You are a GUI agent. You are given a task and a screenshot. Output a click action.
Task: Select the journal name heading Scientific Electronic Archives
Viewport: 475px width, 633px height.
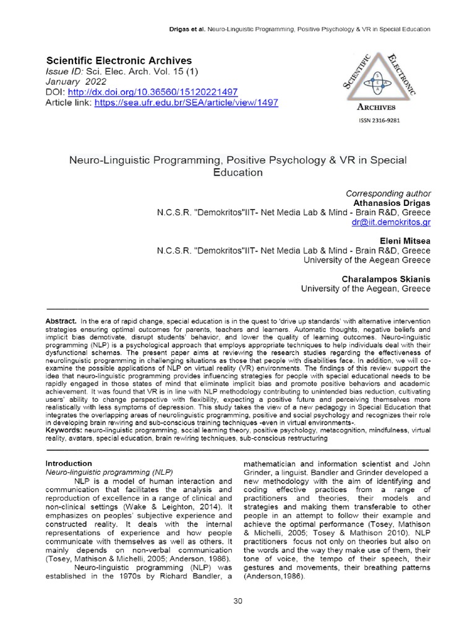click(x=119, y=61)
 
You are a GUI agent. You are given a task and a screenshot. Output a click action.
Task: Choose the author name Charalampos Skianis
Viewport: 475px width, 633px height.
click(x=387, y=279)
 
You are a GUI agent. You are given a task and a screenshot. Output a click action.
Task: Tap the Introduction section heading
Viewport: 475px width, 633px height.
click(x=69, y=463)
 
